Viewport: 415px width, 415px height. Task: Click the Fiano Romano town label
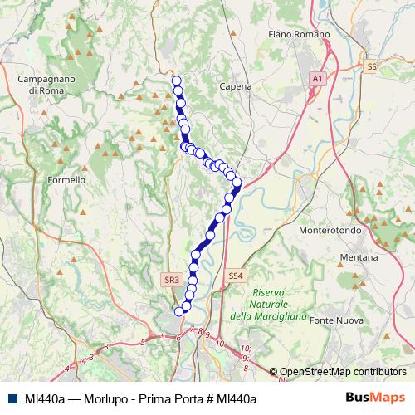click(300, 34)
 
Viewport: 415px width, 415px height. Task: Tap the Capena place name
click(235, 85)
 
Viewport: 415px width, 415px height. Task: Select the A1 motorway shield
click(316, 77)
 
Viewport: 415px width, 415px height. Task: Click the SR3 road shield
click(172, 281)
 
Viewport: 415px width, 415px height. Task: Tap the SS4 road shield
click(236, 276)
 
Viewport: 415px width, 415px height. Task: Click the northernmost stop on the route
click(176, 81)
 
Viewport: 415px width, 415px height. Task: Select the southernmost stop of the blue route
click(178, 311)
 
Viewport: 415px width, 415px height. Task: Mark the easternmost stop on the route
click(237, 182)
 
